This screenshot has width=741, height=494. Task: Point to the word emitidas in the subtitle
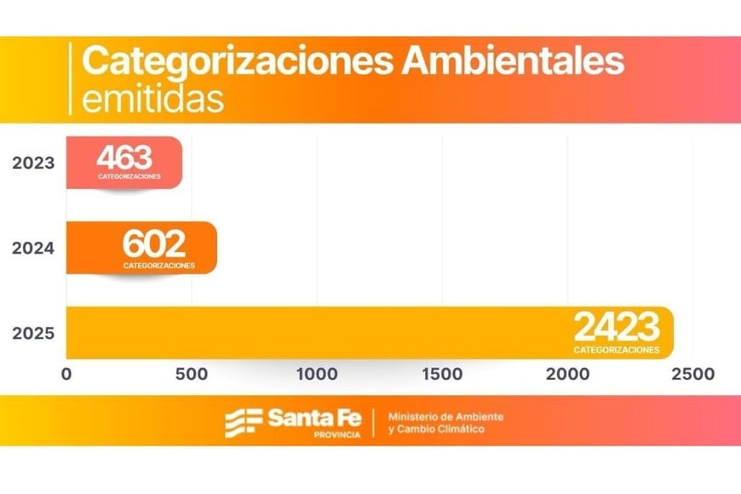pyautogui.click(x=153, y=99)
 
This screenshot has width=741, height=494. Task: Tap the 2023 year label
pyautogui.click(x=33, y=162)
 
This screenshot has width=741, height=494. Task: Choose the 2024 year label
pyautogui.click(x=33, y=249)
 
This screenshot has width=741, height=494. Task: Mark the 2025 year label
pyautogui.click(x=33, y=333)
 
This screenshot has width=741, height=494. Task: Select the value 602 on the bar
pyautogui.click(x=154, y=244)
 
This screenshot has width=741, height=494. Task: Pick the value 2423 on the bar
pyautogui.click(x=616, y=327)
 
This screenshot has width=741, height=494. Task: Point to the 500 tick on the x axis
pyautogui.click(x=191, y=374)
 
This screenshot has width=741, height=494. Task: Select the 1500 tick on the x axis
pyautogui.click(x=441, y=374)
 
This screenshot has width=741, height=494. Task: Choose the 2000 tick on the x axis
pyautogui.click(x=566, y=374)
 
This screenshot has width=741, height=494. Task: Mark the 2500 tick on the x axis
pyautogui.click(x=692, y=374)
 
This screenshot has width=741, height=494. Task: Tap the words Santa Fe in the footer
pyautogui.click(x=314, y=417)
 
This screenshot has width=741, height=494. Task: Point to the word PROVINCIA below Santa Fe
pyautogui.click(x=337, y=434)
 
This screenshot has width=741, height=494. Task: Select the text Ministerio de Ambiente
pyautogui.click(x=445, y=416)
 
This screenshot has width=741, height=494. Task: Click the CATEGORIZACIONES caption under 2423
pyautogui.click(x=616, y=349)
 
